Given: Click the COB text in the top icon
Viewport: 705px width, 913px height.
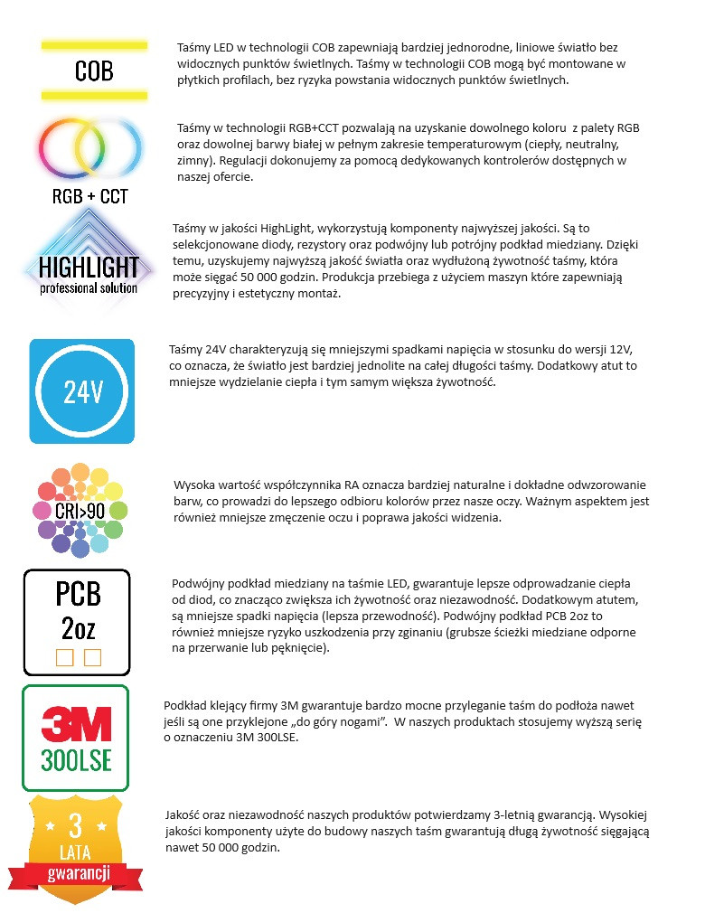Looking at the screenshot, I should click(94, 70).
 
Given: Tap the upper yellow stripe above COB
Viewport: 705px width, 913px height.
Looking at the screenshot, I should click(94, 43).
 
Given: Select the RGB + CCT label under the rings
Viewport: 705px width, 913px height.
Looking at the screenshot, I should click(90, 196).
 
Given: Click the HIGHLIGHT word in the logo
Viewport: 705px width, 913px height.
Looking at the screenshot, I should click(89, 267).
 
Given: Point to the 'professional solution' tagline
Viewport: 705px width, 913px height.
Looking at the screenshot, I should click(89, 288).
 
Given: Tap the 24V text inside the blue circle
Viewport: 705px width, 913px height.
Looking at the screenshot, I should click(82, 392).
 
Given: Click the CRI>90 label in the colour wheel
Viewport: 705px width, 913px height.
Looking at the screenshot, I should click(80, 506).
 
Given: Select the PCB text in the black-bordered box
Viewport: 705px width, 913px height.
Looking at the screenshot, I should click(78, 593).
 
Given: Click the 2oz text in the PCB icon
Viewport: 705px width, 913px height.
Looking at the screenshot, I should click(78, 626).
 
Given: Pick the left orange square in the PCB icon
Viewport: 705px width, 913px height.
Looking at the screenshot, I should click(64, 657).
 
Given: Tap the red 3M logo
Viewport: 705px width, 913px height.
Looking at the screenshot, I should click(76, 724).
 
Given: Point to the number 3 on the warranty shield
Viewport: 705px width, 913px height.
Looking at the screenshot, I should click(76, 825).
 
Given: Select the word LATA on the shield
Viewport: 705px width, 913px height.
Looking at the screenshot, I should click(76, 852).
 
